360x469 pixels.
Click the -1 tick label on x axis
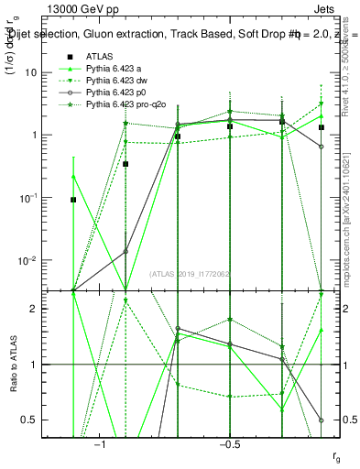101,444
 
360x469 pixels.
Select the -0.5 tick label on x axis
229,444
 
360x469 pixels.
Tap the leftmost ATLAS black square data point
74,199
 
